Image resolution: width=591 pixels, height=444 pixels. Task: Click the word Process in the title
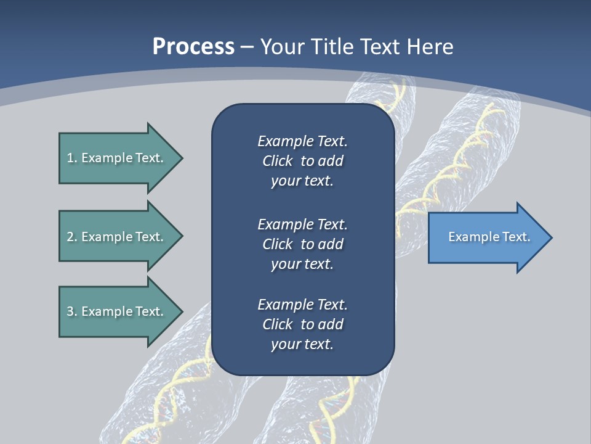[193, 47]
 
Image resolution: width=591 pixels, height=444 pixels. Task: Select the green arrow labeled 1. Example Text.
[117, 158]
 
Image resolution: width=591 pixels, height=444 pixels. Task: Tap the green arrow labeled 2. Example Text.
[117, 237]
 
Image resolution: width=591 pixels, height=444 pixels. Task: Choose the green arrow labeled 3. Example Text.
[117, 311]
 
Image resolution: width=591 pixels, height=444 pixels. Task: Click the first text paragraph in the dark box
[302, 161]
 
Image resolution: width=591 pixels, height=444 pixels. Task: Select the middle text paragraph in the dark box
[302, 244]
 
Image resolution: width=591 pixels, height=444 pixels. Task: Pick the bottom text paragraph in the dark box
[302, 324]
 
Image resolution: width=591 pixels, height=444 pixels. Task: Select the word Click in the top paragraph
[277, 161]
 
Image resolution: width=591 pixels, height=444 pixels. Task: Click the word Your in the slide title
[281, 47]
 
